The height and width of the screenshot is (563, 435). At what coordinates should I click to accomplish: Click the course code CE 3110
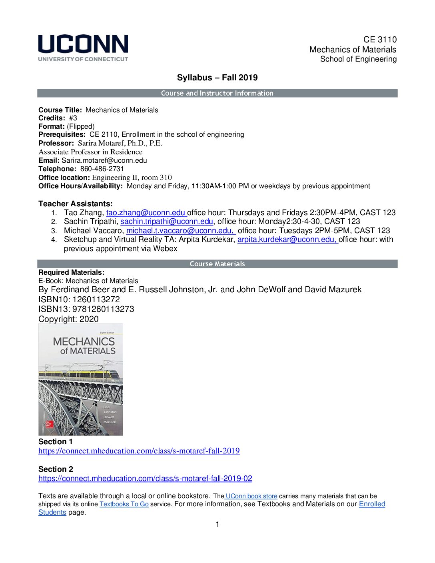coord(380,40)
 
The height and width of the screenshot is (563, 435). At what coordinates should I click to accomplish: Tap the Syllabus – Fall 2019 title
coord(217,78)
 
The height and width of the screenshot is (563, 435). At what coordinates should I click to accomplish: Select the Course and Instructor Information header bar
coord(217,93)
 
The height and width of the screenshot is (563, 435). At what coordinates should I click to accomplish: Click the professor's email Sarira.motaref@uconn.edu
coord(104,160)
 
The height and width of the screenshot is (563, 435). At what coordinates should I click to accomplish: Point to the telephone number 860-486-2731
coord(102,169)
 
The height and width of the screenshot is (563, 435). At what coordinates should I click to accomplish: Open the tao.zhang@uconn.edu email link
coord(146,213)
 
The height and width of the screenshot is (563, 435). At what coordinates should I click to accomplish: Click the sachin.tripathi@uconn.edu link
coord(167,222)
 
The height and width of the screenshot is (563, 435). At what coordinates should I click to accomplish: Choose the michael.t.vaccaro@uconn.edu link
coord(180,231)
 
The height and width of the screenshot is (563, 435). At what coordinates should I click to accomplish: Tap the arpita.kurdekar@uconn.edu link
coord(287,240)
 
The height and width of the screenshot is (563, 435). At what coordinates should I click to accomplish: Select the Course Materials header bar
coord(217,264)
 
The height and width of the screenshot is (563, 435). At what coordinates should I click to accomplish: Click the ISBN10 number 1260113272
coord(96,299)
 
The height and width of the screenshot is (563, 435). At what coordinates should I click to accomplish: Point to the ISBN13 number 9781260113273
coord(103,309)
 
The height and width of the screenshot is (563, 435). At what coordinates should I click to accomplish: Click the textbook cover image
coord(81,379)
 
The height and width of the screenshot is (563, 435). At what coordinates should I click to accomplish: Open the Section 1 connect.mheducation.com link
coord(139,451)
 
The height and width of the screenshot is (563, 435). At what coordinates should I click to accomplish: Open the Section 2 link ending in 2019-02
coord(145,479)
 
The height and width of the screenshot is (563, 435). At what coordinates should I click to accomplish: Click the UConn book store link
coord(251,496)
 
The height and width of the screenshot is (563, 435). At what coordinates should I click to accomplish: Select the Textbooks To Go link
coord(124,504)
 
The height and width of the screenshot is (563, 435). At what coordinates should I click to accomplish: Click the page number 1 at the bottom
coord(217,525)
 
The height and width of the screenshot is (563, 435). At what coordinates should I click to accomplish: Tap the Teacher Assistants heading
coord(76,204)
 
